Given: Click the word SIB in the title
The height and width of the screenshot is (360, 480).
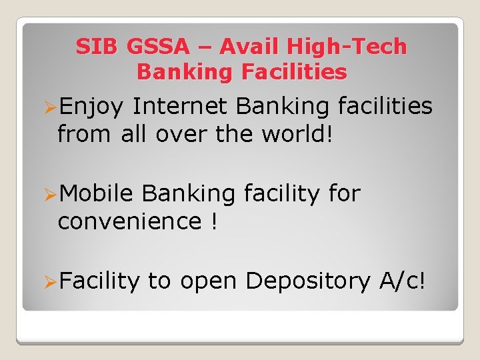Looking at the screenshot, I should pos(97,47).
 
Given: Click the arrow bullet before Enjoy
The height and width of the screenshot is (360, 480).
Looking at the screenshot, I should pos(48,107).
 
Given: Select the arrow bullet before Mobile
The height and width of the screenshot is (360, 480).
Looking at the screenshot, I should pos(48,195).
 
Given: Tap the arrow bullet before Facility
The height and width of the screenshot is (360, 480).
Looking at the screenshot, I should pos(48,282).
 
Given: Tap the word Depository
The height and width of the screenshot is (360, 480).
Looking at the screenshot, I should pos(307,282).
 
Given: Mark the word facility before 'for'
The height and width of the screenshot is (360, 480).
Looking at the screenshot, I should pos(283,194).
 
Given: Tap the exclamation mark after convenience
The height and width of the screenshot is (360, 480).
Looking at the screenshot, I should pos(213,221).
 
